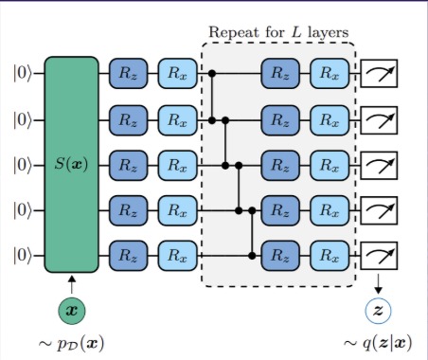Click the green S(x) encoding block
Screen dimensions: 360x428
(71, 164)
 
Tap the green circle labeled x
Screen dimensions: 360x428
(71, 311)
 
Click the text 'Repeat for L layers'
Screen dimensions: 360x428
(278, 34)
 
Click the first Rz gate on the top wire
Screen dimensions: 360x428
(127, 73)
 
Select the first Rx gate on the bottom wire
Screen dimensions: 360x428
(175, 255)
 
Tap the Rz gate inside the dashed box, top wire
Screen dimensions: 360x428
(279, 73)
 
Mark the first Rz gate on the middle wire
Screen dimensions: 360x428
(127, 165)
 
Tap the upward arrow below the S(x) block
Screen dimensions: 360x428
(71, 280)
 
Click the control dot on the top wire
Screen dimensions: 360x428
(213, 73)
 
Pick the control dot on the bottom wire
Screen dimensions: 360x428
(253, 255)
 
